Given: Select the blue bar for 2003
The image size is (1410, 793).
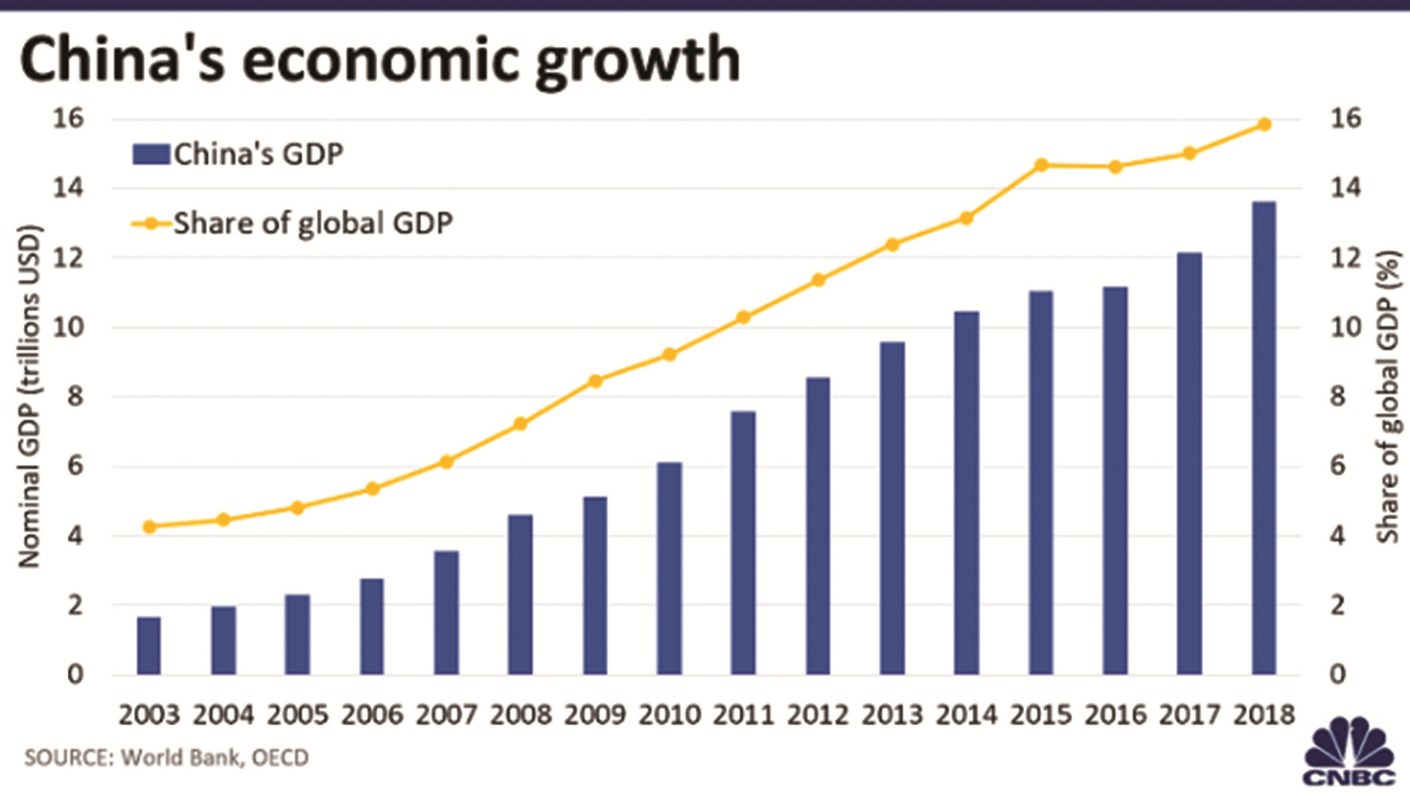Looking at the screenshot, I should pyautogui.click(x=149, y=646).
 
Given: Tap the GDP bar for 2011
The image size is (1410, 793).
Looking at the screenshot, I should pyautogui.click(x=743, y=542).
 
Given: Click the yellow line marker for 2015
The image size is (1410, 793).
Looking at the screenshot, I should pyautogui.click(x=1041, y=165).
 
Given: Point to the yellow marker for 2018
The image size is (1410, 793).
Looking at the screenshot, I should pyautogui.click(x=1264, y=124).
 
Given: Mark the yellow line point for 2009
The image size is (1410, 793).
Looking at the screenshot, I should pyautogui.click(x=595, y=381).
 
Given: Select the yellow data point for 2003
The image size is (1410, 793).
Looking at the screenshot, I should pyautogui.click(x=149, y=527).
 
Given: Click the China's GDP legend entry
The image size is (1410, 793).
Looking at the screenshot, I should pyautogui.click(x=238, y=154).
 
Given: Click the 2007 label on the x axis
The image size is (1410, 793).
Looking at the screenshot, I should pyautogui.click(x=446, y=714).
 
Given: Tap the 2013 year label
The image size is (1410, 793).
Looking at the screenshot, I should pyautogui.click(x=892, y=714).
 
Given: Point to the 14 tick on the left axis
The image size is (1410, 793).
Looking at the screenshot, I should pyautogui.click(x=68, y=188).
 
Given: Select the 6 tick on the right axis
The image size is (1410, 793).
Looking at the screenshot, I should pyautogui.click(x=1338, y=466).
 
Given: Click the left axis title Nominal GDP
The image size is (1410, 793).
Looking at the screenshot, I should pyautogui.click(x=29, y=396).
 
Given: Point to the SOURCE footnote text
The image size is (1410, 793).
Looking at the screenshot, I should pyautogui.click(x=167, y=758).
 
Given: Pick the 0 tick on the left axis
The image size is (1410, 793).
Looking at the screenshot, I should pyautogui.click(x=75, y=675).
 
